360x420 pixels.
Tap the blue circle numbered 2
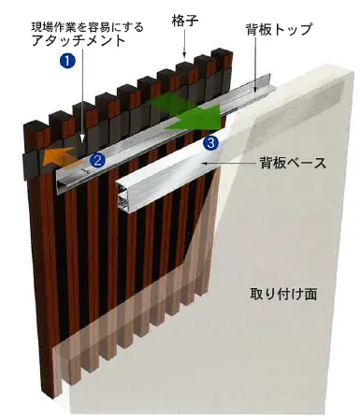[x=95, y=160]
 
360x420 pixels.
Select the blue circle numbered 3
[x=210, y=142]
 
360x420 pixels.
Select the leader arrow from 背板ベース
[x=224, y=165]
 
